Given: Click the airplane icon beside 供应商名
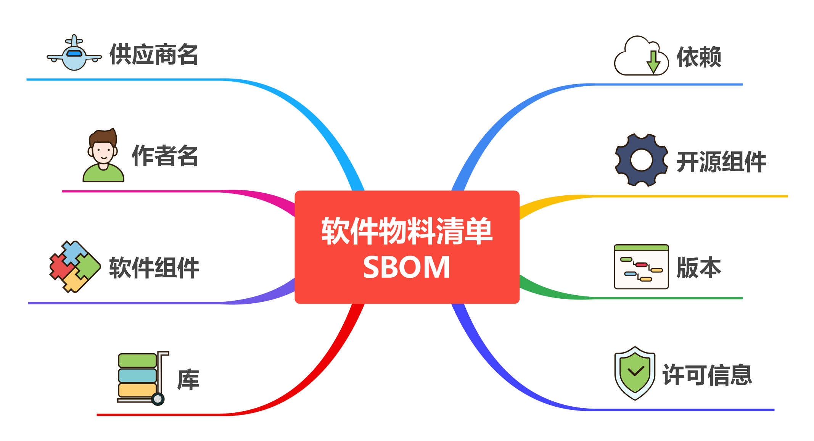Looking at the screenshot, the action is (74, 53).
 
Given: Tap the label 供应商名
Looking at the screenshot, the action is (154, 55).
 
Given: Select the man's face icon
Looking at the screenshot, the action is (103, 155).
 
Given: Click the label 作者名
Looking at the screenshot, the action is (165, 156).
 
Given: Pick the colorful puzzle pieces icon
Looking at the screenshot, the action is (75, 267).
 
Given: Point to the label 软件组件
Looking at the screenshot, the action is (154, 268).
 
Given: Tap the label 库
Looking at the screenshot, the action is (188, 380).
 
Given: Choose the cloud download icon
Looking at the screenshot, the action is (641, 56).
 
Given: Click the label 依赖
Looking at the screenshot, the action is (699, 57).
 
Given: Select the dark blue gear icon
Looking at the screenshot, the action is (642, 160).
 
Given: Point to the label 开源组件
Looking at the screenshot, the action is (721, 162).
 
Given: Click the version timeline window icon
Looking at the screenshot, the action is (641, 267).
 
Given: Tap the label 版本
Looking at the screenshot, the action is (699, 268).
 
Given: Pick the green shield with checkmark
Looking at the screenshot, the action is (635, 373).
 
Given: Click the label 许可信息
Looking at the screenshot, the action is (707, 375).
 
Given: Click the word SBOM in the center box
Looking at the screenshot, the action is (407, 267).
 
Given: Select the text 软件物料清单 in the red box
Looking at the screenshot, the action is (407, 231).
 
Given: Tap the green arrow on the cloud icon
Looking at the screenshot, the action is (653, 62).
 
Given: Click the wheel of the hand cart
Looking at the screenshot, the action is (158, 399).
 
